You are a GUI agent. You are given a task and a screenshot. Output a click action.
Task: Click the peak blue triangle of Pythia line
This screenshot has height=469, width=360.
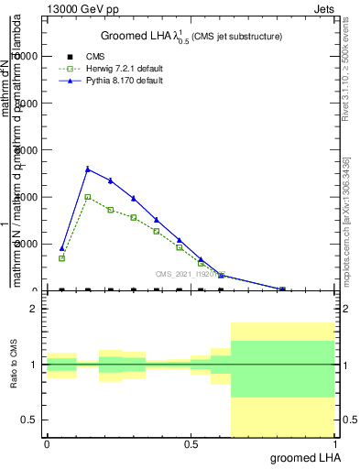tap(87, 169)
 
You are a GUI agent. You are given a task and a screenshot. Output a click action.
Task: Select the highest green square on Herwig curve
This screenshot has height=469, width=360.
tap(87, 196)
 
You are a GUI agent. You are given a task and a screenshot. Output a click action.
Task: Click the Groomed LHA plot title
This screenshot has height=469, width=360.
tap(191, 36)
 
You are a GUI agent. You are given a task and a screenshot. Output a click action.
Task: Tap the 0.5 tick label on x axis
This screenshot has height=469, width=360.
tap(191, 443)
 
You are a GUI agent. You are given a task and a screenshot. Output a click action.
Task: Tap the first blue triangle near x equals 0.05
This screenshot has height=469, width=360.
tap(61, 248)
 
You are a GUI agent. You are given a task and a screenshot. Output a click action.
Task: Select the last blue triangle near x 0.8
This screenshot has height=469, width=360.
tap(283, 289)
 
